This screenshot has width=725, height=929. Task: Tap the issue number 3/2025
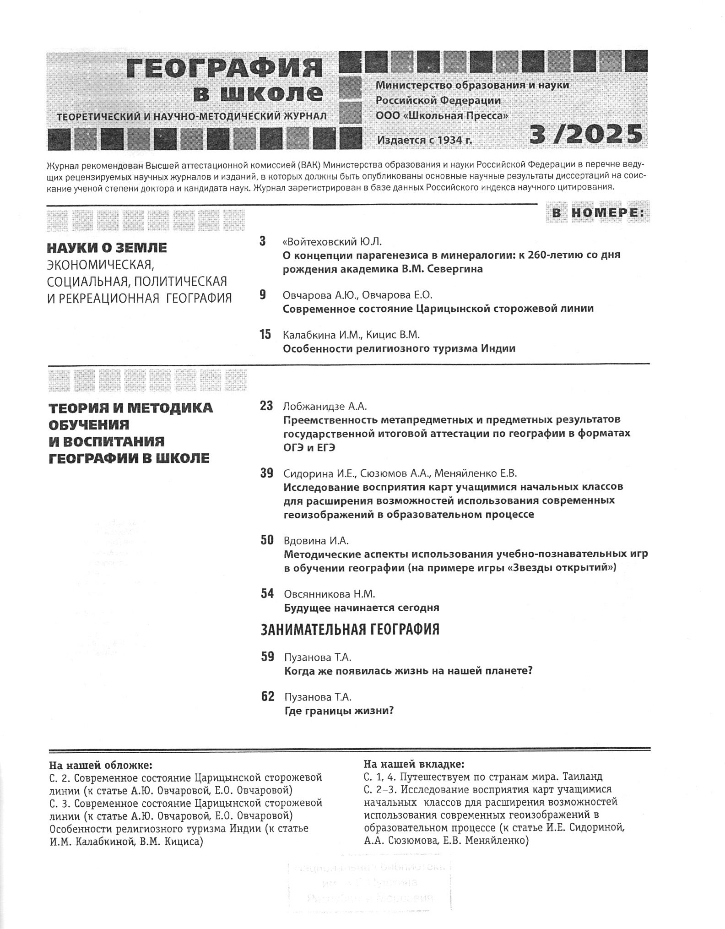[586, 135]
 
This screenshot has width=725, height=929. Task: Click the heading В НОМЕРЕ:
[597, 213]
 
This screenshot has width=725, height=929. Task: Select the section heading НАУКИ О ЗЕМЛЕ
[107, 248]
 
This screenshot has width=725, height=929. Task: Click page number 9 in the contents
[263, 294]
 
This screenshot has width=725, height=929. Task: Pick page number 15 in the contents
[265, 335]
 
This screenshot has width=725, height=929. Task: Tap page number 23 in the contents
[266, 406]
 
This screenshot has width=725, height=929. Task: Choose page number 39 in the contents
[266, 473]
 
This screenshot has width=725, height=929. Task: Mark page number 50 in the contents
[267, 540]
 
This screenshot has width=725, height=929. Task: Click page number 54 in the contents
[267, 594]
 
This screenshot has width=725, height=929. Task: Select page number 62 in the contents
[267, 697]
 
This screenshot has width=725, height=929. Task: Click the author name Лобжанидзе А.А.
[325, 406]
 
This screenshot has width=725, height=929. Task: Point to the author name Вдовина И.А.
[316, 541]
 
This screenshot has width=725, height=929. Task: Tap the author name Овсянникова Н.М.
[330, 594]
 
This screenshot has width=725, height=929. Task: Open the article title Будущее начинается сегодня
[362, 608]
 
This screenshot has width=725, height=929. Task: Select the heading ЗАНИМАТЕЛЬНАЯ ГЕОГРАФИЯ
[350, 630]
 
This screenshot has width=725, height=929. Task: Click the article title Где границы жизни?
[339, 711]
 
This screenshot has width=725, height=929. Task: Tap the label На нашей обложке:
[101, 766]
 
